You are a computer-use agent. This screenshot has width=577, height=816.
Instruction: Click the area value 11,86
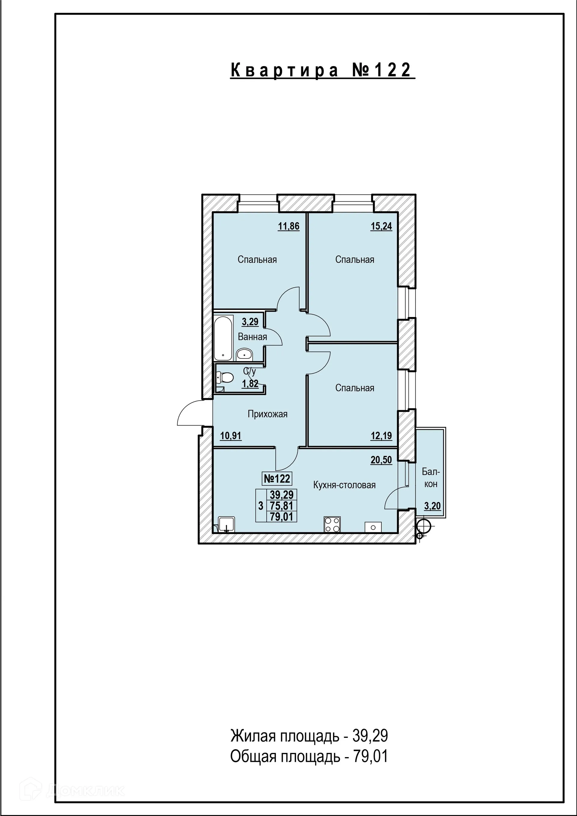288,226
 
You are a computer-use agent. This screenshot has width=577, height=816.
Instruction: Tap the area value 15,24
381,226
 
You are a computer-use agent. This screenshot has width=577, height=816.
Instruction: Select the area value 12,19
381,436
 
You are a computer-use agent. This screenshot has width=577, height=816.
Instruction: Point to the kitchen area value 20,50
381,460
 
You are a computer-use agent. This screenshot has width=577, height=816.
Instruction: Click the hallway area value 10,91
231,436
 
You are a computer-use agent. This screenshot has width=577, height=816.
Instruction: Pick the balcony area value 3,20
432,506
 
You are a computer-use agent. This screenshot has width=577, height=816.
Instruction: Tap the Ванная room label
252,337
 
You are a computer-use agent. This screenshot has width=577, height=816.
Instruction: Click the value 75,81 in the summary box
281,506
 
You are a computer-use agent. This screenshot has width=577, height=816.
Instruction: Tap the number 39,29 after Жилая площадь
370,736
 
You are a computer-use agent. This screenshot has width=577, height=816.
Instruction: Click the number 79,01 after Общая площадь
370,757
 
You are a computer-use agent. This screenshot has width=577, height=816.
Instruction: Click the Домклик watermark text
85,790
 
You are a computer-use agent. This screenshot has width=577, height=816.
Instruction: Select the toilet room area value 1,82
250,384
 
